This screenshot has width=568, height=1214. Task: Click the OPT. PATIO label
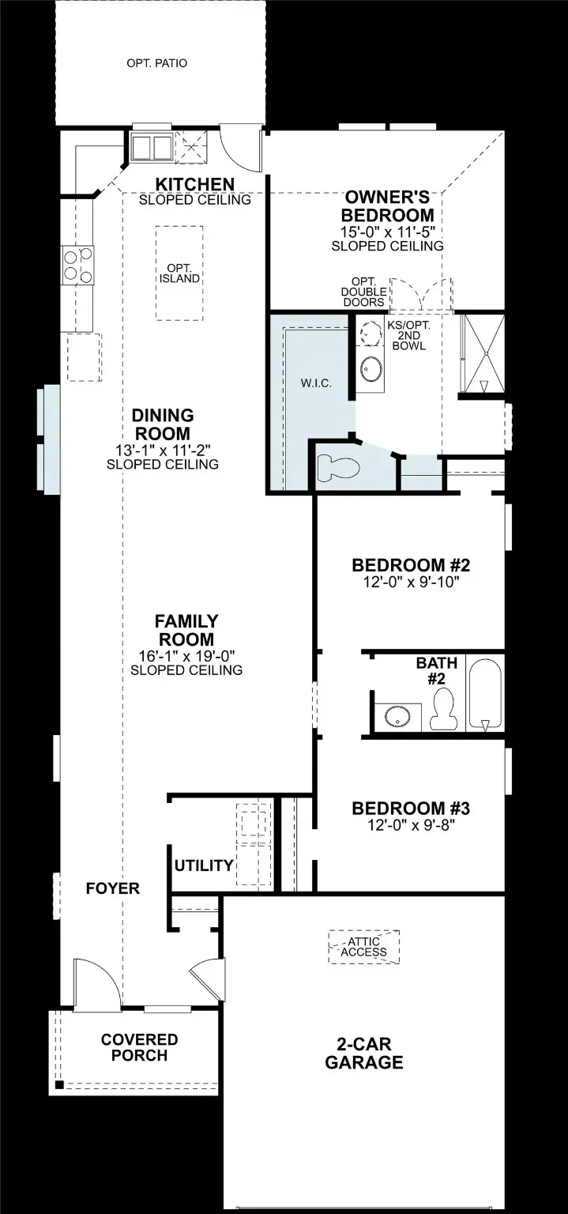[156, 63]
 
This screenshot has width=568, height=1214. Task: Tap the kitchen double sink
[151, 147]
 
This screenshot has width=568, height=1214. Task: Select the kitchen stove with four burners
[77, 265]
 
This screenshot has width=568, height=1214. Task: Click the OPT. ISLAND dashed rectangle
[179, 273]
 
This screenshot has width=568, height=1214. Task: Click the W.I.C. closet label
[316, 383]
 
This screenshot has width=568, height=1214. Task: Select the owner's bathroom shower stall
[481, 353]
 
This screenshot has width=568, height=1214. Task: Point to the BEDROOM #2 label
[411, 566]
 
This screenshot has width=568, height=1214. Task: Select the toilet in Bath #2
[443, 708]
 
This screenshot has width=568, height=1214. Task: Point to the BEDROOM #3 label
[411, 809]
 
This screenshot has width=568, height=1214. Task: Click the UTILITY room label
[204, 865]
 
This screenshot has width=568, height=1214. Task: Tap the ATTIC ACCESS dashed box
[364, 946]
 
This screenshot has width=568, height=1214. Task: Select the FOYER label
[113, 888]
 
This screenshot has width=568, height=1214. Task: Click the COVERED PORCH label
[140, 1047]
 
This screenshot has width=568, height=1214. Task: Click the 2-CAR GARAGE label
[364, 1054]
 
